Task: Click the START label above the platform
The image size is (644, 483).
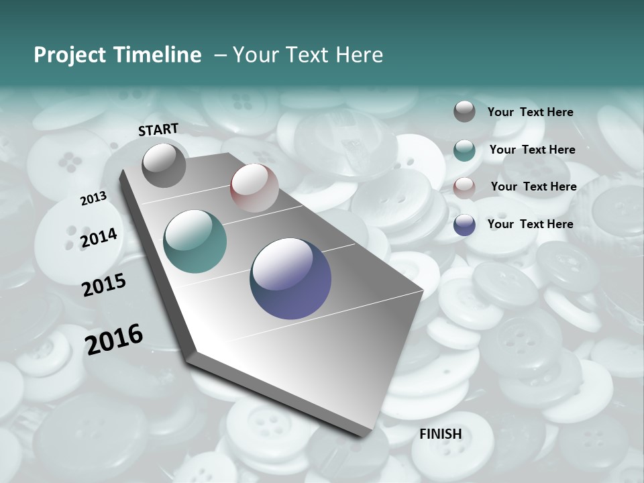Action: pos(158,129)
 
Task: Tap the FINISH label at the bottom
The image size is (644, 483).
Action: pos(441,434)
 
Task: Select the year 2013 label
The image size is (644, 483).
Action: pos(93,199)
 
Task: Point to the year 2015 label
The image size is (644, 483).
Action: pos(104,285)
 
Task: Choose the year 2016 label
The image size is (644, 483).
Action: pos(114,339)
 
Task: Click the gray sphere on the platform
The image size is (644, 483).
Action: pos(164,165)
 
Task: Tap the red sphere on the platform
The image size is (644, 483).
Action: pos(254,187)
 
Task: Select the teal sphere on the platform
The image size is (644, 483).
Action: pos(195,241)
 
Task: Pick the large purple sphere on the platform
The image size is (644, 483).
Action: pos(290,278)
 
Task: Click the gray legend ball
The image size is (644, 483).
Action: pos(464,111)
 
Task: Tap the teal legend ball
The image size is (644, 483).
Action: pos(464,150)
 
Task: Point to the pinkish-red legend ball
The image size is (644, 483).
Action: pos(464,188)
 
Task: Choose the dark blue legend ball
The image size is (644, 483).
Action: pos(464,225)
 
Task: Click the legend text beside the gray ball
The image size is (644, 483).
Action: pos(530,112)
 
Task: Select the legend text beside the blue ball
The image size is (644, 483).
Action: pos(530,224)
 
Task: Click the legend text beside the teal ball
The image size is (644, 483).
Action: pos(532,150)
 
